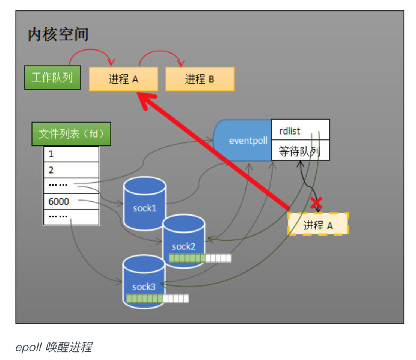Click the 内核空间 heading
[58, 35]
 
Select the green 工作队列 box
[52, 78]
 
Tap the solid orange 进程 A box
[123, 79]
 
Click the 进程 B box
[200, 79]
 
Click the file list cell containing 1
[71, 154]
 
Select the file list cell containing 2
[71, 170]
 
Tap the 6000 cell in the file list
[71, 201]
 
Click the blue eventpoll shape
[244, 141]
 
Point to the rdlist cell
[300, 130]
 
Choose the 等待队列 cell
[300, 151]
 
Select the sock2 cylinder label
[184, 246]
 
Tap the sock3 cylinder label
[144, 287]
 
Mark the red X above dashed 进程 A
[317, 203]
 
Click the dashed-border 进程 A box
[318, 225]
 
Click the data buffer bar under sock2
[200, 258]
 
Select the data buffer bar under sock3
[157, 298]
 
